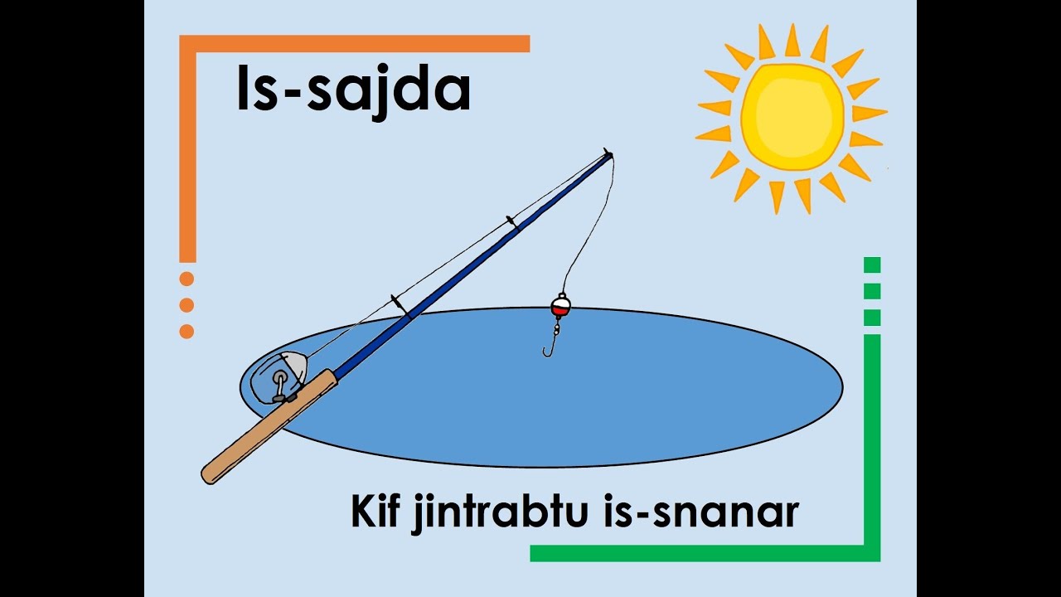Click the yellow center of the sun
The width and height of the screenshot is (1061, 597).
792,116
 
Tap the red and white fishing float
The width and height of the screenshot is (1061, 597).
560,307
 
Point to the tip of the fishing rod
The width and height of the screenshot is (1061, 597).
608,153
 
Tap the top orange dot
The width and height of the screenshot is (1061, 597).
187,279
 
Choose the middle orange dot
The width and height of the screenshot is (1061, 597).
187,305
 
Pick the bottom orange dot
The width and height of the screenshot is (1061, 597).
187,332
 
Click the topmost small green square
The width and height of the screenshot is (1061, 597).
872,265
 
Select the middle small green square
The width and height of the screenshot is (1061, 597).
872,291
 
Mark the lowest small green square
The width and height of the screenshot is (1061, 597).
872,318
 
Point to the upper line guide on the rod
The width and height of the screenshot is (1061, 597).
511,222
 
